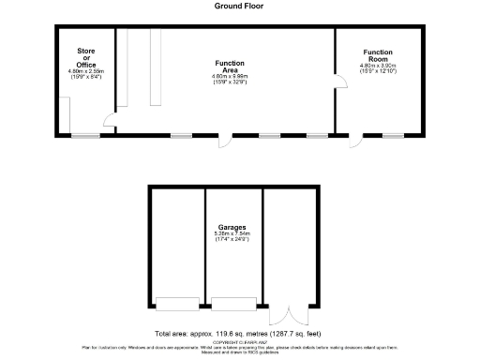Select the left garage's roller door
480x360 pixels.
[x=176, y=303]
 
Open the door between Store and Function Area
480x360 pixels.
[x=110, y=120]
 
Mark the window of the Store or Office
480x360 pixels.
[x=86, y=136]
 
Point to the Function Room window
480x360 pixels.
[x=393, y=136]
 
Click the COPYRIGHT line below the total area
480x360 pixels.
[x=240, y=343]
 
